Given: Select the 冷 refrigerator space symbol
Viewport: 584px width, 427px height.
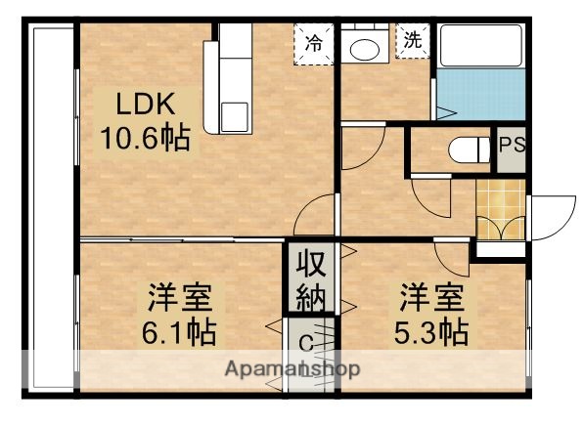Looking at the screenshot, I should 313,43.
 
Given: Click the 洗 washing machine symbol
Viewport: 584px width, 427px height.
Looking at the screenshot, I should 412,42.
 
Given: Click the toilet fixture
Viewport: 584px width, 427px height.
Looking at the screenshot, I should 468,149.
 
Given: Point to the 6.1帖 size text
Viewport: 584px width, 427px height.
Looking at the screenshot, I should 182,333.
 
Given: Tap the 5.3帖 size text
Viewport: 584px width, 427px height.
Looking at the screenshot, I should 431,331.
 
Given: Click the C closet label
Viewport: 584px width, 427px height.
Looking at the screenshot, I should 305,343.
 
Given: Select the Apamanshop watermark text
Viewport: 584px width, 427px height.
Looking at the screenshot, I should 292,369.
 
